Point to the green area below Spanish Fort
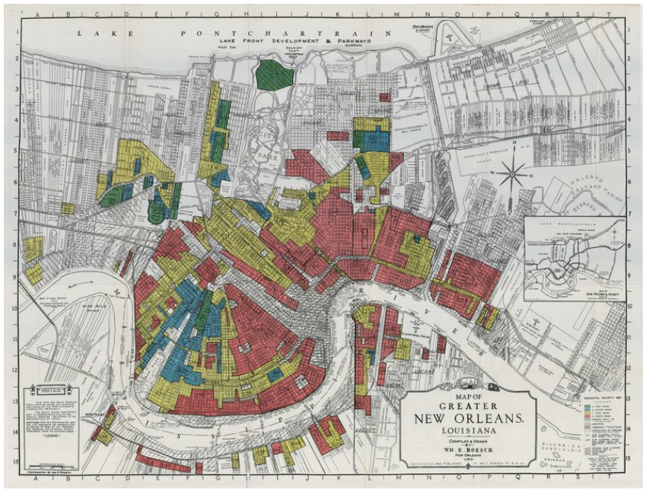275,74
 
